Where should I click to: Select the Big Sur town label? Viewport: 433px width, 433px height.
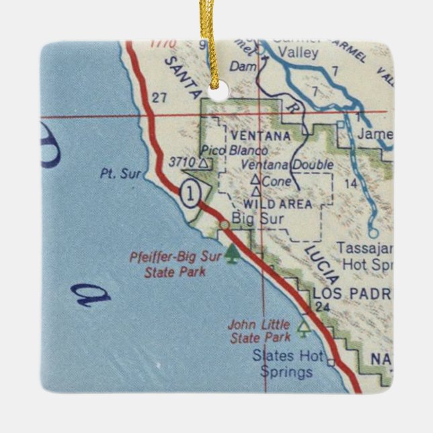point(250,219)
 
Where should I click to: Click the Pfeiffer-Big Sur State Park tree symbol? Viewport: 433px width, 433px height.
point(233,254)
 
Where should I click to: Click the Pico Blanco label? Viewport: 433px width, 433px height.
point(235,151)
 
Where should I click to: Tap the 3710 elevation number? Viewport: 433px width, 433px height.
point(182,162)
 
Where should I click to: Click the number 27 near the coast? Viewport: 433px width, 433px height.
point(159,98)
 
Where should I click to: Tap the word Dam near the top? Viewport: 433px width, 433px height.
point(239,66)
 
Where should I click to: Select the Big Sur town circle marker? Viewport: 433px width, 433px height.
point(223,224)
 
